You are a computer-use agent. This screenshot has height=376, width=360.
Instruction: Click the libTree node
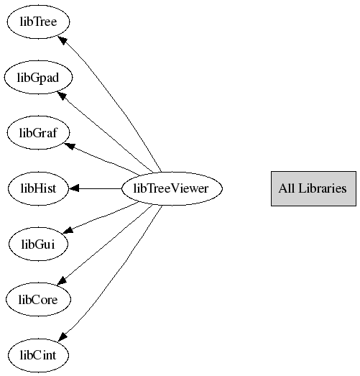coord(38,22)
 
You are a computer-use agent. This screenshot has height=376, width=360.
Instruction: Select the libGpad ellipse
coord(38,78)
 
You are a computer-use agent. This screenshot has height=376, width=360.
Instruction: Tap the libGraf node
coord(38,132)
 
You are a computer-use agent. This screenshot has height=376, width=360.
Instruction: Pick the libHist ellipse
coord(38,188)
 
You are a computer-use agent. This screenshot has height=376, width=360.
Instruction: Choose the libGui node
coord(38,244)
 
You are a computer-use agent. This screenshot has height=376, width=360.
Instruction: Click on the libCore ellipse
coord(38,300)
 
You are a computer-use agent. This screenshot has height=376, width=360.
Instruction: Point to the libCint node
coord(38,355)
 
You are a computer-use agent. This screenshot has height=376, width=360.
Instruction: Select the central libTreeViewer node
coord(172,188)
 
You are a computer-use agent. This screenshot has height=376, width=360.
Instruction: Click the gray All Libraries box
coord(313,188)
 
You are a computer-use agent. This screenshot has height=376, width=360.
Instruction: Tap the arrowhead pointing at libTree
coord(62,40)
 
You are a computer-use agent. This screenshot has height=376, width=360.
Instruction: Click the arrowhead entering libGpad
coord(61,96)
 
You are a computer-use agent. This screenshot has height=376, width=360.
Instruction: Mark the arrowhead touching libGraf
coord(70,146)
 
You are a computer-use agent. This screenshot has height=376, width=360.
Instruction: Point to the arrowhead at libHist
coord(74,188)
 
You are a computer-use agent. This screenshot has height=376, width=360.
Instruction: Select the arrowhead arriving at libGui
coord(68,231)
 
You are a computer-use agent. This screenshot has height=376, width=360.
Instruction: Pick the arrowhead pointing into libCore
coord(62,281)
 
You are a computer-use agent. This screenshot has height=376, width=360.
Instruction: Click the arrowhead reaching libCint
coord(63,336)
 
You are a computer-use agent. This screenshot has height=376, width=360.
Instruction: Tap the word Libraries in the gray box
coord(323,188)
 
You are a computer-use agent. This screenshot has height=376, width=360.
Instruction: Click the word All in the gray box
coord(287,188)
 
